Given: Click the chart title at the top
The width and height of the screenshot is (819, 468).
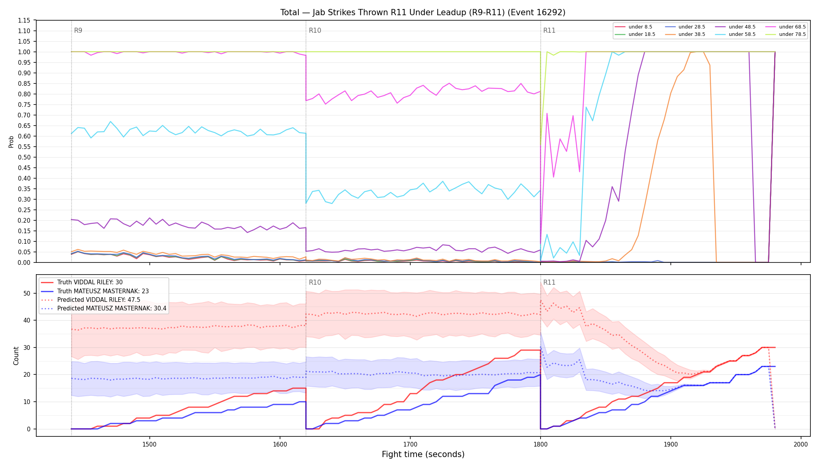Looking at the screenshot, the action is [423, 12].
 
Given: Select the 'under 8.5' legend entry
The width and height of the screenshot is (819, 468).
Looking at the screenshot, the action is [633, 27].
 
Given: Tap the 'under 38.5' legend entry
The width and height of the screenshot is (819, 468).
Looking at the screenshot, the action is [685, 34].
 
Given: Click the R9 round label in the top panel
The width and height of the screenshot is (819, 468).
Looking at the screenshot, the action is [78, 30].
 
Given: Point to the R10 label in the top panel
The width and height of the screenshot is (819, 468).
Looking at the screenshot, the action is [315, 30].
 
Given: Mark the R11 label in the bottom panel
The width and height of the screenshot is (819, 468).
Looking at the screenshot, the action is [549, 282].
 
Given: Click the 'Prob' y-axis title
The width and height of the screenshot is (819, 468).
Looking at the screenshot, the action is [11, 142].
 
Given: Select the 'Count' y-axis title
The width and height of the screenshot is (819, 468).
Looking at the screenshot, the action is [16, 356].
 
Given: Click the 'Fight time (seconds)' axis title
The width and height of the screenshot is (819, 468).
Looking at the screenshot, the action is [423, 454].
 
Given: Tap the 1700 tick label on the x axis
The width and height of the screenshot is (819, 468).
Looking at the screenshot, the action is [410, 444].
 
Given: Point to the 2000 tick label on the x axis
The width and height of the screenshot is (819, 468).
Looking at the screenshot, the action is [801, 444].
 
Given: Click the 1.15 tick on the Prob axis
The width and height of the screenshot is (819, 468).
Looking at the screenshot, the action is [24, 20].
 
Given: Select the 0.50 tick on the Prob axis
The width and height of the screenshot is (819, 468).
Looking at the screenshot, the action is [24, 157].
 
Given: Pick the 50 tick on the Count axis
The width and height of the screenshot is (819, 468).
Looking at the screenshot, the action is [27, 293].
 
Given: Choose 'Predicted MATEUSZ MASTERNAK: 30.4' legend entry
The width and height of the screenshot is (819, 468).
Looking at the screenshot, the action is [103, 308].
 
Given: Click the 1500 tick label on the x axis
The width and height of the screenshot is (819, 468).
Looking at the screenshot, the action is [149, 444].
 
